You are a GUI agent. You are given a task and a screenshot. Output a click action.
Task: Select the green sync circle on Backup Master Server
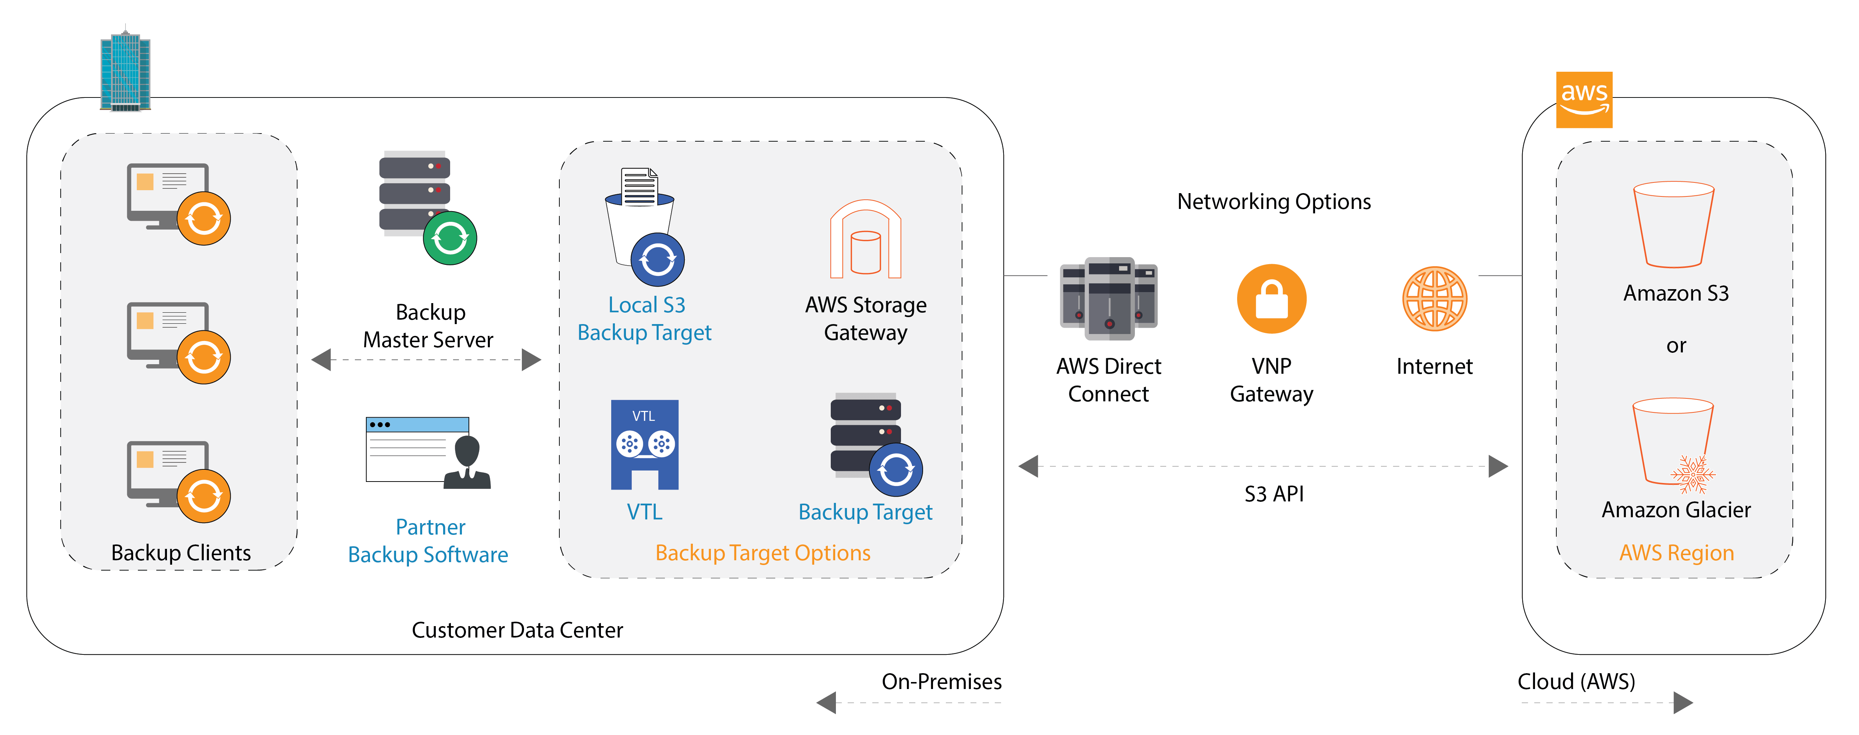450,238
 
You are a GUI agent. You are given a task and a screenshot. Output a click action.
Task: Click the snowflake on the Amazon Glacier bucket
1692,474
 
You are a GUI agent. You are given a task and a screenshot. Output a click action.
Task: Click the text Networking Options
1274,202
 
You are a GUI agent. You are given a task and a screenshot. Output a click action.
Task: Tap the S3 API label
1274,494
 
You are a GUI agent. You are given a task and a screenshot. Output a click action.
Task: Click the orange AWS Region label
1676,553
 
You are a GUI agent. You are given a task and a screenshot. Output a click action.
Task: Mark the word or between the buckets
1676,346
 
